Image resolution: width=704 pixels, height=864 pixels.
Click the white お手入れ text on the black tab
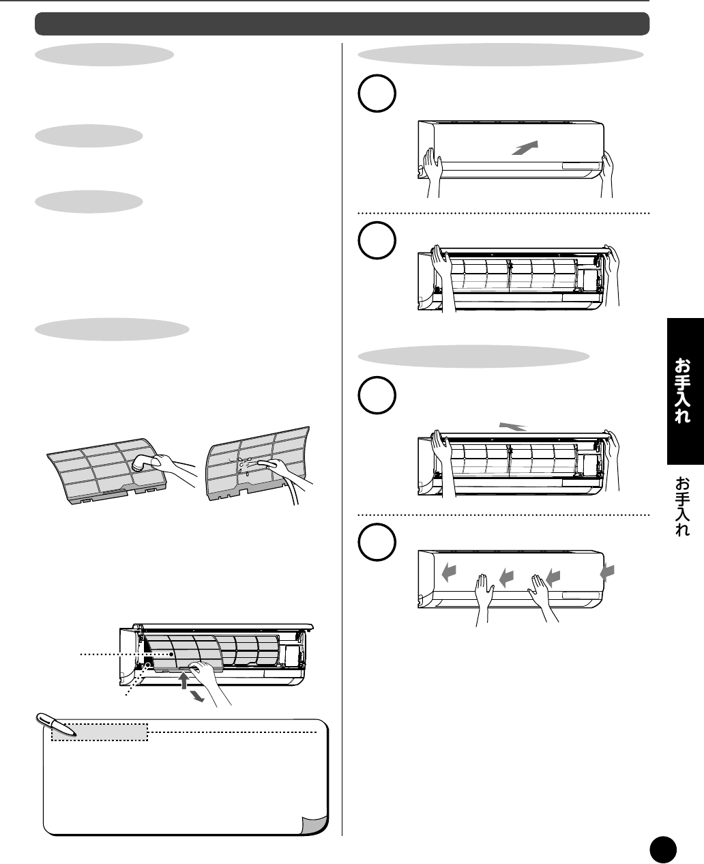682,390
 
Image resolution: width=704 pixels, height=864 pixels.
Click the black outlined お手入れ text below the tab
682,506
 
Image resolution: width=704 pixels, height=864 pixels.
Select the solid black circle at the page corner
663,850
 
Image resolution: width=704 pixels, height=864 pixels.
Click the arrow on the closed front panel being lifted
525,147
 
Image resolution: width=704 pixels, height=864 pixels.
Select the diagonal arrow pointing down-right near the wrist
198,697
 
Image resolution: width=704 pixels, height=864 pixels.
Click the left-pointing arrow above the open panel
513,427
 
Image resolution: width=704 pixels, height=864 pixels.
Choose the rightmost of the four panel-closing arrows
607,573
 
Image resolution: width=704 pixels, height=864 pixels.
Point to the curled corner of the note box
315,824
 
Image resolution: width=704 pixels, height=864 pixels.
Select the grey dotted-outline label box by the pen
100,732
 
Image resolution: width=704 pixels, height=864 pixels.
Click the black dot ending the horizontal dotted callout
171,654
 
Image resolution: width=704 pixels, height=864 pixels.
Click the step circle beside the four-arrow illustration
377,543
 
